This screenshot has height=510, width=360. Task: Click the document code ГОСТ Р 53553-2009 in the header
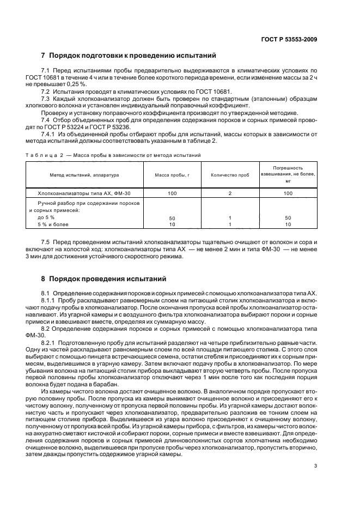coord(289,38)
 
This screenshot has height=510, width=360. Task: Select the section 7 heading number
coord(44,56)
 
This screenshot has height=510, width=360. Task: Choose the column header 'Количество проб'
coord(230,175)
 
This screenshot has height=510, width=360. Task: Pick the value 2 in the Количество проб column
coord(230,193)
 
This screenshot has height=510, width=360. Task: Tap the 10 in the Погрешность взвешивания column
coord(289,224)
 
